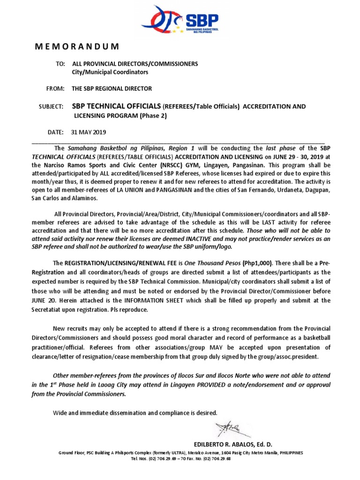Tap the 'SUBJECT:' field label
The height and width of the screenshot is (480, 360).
(51, 107)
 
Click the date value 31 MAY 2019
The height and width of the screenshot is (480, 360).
(89, 133)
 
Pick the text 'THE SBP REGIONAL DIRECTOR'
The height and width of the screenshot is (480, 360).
(112, 89)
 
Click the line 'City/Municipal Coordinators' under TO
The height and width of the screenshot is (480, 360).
(110, 72)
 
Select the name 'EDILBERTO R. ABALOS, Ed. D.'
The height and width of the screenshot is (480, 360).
(233, 444)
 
